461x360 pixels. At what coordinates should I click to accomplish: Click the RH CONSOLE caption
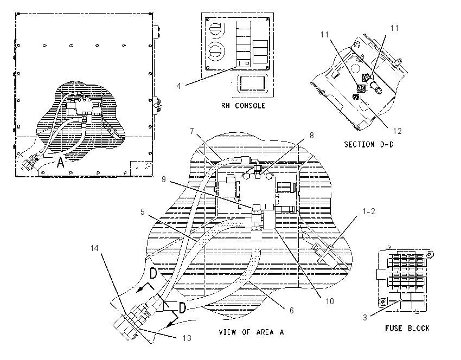tap(243, 106)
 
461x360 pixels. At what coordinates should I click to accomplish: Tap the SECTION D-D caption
tap(369, 144)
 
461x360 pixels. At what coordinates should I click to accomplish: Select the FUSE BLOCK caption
tap(407, 328)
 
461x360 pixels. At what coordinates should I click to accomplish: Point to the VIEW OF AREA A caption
tap(251, 332)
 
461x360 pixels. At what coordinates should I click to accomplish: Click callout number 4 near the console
tap(179, 86)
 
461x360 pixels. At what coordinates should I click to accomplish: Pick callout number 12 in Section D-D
tap(397, 131)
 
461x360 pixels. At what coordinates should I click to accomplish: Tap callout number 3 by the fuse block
tap(365, 318)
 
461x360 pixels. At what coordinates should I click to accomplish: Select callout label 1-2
tap(369, 211)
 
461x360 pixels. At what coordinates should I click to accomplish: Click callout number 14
tap(94, 248)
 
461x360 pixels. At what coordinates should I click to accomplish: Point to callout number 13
tap(187, 338)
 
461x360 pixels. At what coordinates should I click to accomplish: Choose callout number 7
tap(192, 131)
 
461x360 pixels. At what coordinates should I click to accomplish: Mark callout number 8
tap(311, 135)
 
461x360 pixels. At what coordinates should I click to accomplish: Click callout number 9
tap(164, 179)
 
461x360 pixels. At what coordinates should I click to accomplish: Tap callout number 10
tap(330, 301)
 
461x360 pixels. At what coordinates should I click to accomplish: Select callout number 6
tap(291, 311)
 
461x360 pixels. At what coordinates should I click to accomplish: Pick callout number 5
tap(143, 212)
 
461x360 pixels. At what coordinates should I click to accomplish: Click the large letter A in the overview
tap(60, 162)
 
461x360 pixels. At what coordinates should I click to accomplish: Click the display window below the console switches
tap(249, 82)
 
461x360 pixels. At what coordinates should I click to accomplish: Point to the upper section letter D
tap(153, 273)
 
